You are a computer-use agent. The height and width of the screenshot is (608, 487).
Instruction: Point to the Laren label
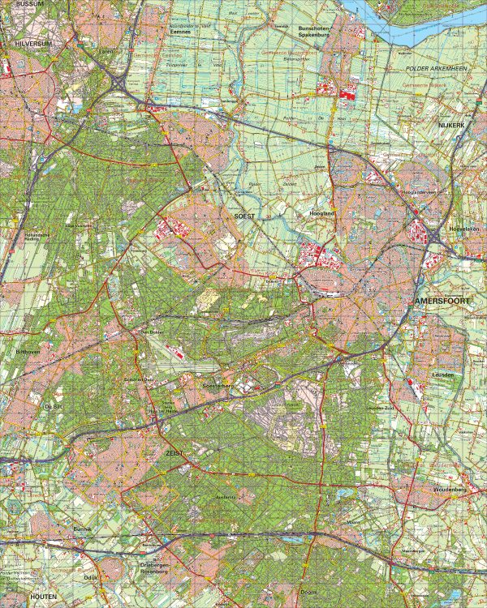[106, 50]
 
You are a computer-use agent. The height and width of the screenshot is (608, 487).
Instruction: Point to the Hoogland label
[322, 212]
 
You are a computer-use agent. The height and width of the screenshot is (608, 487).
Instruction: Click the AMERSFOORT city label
[442, 300]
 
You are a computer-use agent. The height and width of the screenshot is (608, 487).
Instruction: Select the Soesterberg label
[218, 386]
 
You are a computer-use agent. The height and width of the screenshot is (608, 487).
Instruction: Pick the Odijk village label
[91, 577]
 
